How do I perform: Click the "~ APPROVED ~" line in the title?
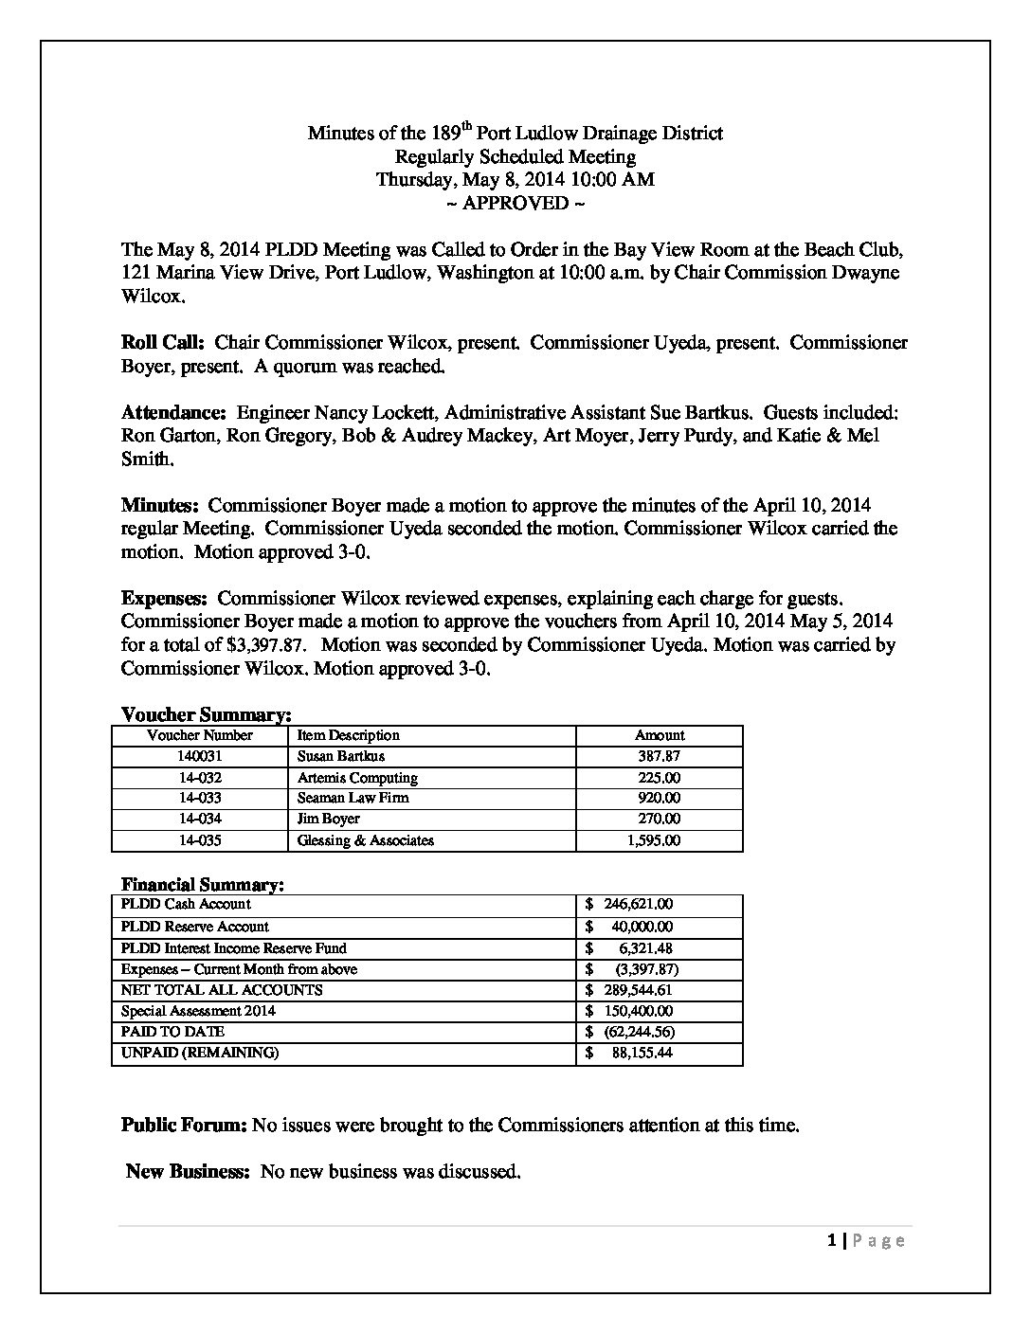tap(515, 203)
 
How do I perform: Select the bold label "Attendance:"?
tap(173, 413)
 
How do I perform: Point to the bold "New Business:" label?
tap(188, 1172)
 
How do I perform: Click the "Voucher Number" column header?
tap(200, 735)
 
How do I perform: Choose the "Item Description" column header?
tap(348, 735)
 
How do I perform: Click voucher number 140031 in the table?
tap(201, 756)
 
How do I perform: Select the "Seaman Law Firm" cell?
tap(353, 798)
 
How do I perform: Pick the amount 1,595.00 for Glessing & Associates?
tap(653, 840)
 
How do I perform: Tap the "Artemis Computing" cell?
tap(357, 778)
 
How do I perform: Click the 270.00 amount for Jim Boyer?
tap(660, 819)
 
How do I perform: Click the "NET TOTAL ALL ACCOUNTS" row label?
tap(222, 990)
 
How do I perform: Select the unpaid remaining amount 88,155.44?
tap(642, 1053)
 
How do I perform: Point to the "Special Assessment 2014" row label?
tap(198, 1011)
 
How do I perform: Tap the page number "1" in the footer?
tap(831, 1240)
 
